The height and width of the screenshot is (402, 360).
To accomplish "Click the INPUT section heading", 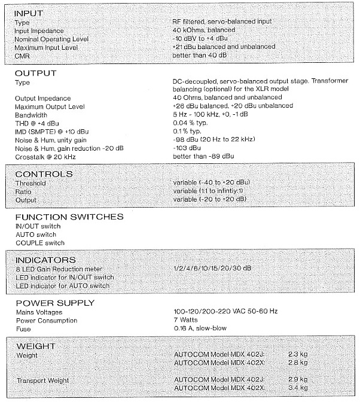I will click(30, 13).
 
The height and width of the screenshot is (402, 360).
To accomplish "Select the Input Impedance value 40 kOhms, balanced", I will click(203, 30).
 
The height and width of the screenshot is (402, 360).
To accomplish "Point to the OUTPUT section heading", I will click(35, 73).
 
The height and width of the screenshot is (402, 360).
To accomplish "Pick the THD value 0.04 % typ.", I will click(191, 123).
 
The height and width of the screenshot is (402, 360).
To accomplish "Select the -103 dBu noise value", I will click(187, 148).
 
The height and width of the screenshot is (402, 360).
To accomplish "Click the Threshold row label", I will click(30, 182).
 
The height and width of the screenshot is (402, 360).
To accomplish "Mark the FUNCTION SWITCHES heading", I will click(69, 217).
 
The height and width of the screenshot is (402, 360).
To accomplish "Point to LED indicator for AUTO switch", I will click(63, 286).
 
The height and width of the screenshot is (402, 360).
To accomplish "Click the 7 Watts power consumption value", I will click(186, 320).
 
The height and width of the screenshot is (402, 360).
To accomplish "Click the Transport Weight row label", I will click(42, 380).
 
